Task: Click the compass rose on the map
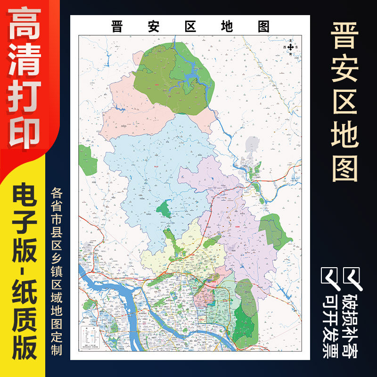(x=291, y=47)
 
